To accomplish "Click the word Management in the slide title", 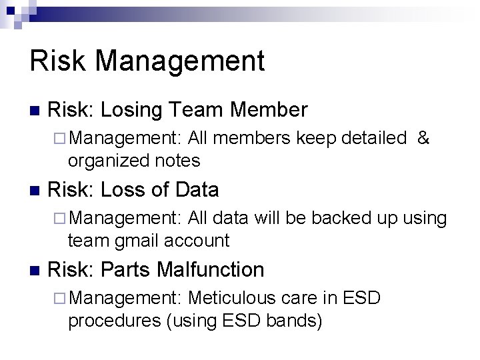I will click(x=179, y=61).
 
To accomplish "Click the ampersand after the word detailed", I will click(x=423, y=138).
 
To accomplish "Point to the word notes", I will click(x=177, y=161).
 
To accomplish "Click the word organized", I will click(x=109, y=161).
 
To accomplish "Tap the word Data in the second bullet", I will click(x=197, y=190).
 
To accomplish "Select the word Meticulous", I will click(x=231, y=298).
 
